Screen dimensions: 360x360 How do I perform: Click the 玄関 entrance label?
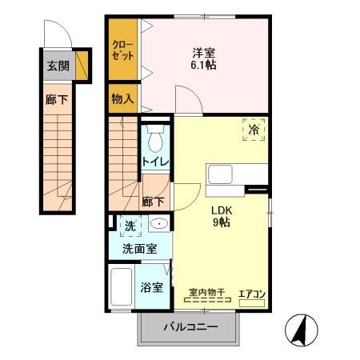pyautogui.click(x=57, y=66)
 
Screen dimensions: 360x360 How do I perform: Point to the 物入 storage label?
pyautogui.click(x=122, y=98)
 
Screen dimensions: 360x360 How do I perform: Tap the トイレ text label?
pyautogui.click(x=155, y=162)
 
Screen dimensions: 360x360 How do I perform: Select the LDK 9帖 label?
pyautogui.click(x=221, y=217)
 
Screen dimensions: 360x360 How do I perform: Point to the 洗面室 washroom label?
pyautogui.click(x=139, y=249)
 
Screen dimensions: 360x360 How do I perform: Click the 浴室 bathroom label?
pyautogui.click(x=153, y=286)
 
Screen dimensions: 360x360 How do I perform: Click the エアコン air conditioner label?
pyautogui.click(x=252, y=294)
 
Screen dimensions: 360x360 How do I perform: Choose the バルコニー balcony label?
pyautogui.click(x=190, y=326)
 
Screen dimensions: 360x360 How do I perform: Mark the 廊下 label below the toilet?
pyautogui.click(x=153, y=202)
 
